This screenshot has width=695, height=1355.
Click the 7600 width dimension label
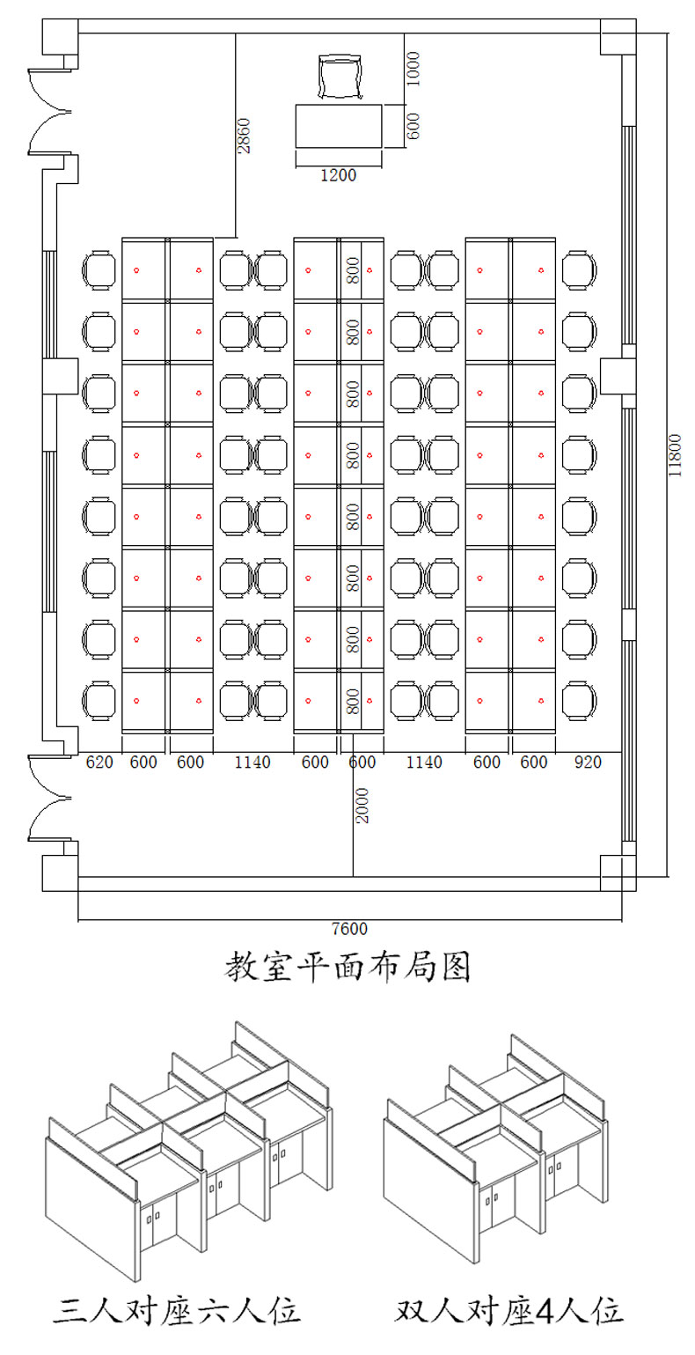click(x=349, y=929)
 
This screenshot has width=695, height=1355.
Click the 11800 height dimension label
click(x=675, y=454)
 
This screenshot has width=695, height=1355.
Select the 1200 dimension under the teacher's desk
click(x=338, y=175)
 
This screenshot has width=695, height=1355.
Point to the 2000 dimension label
click(x=362, y=805)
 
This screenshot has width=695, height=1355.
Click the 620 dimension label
click(x=99, y=762)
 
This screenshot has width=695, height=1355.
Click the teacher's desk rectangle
click(x=338, y=126)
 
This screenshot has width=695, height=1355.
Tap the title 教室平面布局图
click(x=348, y=967)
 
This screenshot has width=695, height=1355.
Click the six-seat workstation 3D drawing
click(x=188, y=1149)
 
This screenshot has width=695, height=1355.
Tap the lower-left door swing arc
click(x=48, y=798)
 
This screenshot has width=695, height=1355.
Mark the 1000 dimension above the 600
click(x=413, y=69)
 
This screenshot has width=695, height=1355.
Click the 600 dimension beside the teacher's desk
click(x=413, y=125)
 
